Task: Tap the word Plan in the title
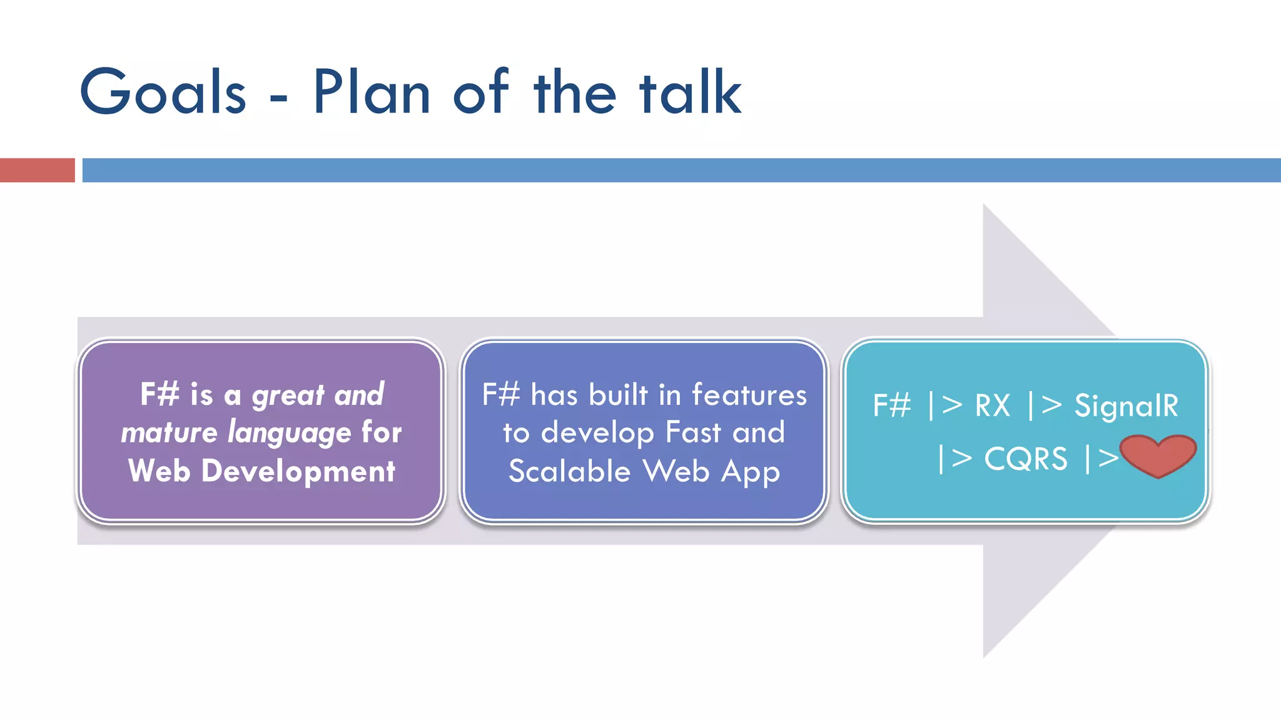[x=372, y=92]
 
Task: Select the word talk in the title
[x=690, y=92]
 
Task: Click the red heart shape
[x=1158, y=455]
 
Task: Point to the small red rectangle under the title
[x=37, y=170]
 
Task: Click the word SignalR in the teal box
[x=1126, y=406]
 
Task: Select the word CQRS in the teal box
[x=1026, y=459]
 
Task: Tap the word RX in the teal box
[x=993, y=406]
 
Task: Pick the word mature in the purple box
[x=169, y=433]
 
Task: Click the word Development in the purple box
[x=298, y=471]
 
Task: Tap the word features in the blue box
[x=749, y=395]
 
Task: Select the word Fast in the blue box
[x=693, y=432]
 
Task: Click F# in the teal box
[x=891, y=406]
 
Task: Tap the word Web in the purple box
[x=159, y=471]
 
